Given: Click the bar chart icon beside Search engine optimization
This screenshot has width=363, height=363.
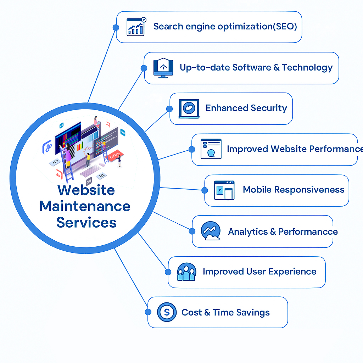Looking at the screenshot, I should tap(136, 27).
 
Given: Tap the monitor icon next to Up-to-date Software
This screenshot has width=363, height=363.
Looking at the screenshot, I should tap(163, 68).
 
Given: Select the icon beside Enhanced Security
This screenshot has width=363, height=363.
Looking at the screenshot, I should tap(189, 108).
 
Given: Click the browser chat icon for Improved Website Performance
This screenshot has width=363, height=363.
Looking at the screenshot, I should tap(211, 149).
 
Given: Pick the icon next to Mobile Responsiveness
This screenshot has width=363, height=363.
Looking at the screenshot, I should tap(224, 190).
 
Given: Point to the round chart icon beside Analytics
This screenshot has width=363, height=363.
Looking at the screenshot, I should tap(211, 231).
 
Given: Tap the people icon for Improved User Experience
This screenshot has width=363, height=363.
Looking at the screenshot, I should tap(186, 272).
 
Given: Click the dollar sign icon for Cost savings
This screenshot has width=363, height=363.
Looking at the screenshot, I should tap(166, 312).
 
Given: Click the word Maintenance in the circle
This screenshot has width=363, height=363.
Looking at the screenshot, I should tap(85, 206).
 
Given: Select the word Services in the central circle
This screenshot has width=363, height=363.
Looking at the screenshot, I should tap(86, 222).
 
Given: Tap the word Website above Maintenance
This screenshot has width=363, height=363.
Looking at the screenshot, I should tap(86, 190).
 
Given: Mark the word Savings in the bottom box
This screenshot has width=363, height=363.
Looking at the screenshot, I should tap(253, 312).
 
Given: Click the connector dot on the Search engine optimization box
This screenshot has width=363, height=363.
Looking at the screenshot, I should tap(115, 27).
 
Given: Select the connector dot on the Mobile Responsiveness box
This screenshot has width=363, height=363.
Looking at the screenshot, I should tap(205, 190).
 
